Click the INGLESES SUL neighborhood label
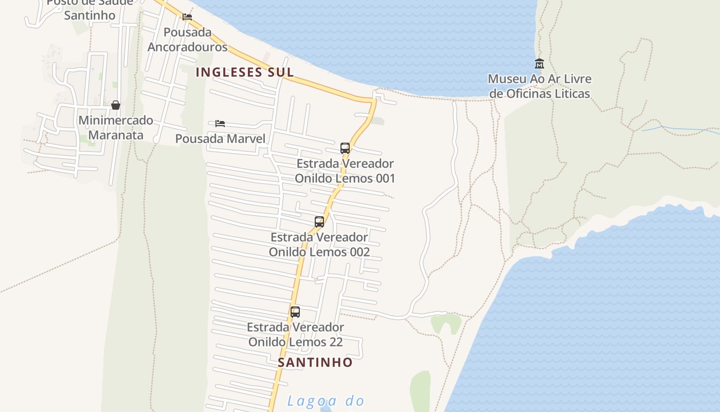[245, 72]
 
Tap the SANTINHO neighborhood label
[315, 362]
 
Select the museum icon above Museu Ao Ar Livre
[539, 64]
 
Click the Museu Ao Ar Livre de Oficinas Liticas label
[539, 87]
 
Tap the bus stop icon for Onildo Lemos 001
[345, 148]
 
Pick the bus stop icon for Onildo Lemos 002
[319, 222]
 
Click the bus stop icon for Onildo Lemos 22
[295, 312]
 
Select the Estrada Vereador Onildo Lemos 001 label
[345, 171]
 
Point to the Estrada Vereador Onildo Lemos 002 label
[319, 245]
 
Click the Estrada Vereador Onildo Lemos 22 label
[295, 334]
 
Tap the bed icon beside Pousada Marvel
[220, 124]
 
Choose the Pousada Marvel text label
[220, 139]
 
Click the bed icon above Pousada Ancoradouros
[187, 17]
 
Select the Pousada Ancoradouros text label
[187, 40]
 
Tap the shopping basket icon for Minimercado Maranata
[116, 105]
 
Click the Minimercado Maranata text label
[116, 128]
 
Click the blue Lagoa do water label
[325, 401]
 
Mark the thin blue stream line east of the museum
[684, 128]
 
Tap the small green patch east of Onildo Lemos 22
[446, 323]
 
